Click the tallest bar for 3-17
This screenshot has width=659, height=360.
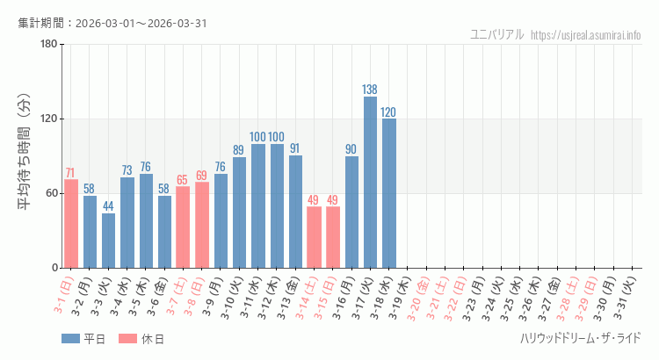[370, 182]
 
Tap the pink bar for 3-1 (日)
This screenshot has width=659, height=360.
[71, 223]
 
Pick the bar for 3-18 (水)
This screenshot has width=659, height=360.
[388, 193]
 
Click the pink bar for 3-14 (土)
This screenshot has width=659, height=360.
[314, 237]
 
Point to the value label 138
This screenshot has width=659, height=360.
[370, 90]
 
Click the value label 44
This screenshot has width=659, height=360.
[108, 206]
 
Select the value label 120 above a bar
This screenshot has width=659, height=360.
[388, 112]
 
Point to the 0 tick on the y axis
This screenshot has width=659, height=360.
[54, 268]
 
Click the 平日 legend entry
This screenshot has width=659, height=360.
[83, 338]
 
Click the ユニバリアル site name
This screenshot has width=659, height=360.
[497, 34]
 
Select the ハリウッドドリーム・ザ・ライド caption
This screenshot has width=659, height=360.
[580, 338]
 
